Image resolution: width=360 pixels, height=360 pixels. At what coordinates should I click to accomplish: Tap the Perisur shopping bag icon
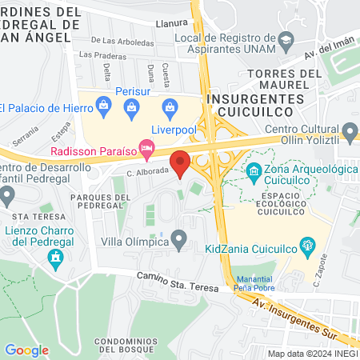coord(104,104)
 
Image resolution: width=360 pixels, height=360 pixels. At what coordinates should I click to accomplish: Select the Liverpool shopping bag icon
coord(169,106)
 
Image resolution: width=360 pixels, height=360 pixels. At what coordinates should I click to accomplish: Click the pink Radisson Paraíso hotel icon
coord(146,147)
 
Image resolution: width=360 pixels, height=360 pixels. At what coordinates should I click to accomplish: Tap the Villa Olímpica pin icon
coord(180,238)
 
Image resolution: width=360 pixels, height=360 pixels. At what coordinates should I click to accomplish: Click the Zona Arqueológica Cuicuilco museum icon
coord(254,170)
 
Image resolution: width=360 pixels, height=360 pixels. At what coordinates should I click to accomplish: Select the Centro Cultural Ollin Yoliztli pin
coord(349,130)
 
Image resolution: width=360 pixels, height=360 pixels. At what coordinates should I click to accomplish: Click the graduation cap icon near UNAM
coord(286,38)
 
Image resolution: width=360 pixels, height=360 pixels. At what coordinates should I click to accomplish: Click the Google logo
coord(26,350)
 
